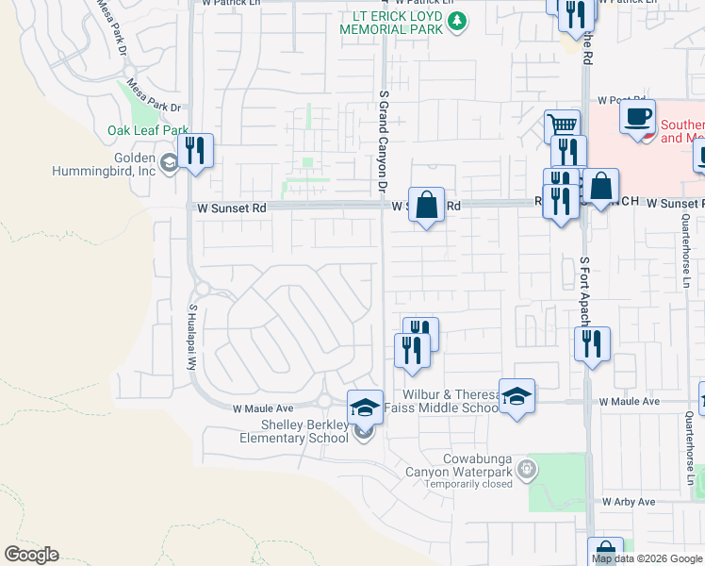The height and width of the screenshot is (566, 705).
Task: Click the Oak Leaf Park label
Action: pos(148,130)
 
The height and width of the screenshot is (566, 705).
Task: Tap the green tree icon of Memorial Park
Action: pos(457,21)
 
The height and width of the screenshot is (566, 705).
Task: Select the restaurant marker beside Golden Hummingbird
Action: pos(195,152)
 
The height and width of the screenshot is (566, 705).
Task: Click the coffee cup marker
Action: pos(638,117)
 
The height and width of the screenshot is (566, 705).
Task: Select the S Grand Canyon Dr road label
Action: pos(383,141)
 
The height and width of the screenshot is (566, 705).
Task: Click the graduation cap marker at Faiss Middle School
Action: pos(516,396)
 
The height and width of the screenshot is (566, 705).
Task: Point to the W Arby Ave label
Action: pos(629,502)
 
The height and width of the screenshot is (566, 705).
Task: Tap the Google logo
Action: pos(31,555)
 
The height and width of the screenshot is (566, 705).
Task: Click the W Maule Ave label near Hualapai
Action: pos(264,408)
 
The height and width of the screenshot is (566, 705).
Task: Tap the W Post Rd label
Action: pos(621,100)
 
